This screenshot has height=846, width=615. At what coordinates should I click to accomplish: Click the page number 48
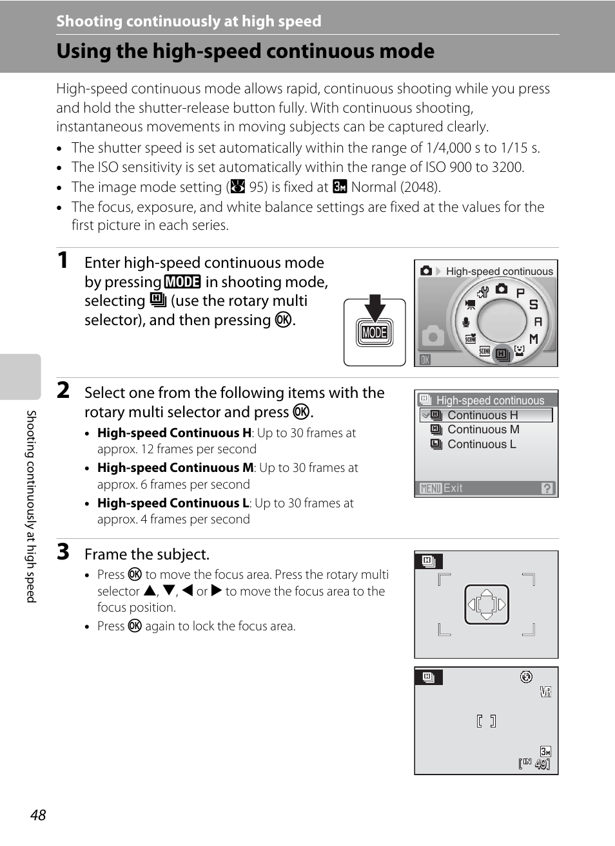coord(38,815)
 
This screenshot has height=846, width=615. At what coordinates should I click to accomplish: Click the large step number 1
coord(63,260)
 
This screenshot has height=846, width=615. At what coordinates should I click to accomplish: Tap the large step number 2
coord(63,390)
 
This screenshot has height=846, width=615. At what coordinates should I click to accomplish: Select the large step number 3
coord(63,552)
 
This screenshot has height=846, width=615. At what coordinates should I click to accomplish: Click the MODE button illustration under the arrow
coord(375,333)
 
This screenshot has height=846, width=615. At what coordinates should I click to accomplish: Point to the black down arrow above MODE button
coord(375,307)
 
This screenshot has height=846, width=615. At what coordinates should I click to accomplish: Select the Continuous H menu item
coord(483,415)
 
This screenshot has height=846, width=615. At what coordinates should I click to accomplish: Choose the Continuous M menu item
coord(483,429)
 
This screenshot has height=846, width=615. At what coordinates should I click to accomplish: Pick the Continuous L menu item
coord(482,444)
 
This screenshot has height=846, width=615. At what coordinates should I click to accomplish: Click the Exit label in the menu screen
coord(453,488)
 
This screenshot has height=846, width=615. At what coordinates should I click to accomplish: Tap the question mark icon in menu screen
coord(547,488)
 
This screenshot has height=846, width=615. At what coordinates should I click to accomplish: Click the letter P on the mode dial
coord(520,292)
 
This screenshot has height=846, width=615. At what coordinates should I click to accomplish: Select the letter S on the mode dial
coord(534,305)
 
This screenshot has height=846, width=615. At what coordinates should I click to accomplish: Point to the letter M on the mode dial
coord(534,339)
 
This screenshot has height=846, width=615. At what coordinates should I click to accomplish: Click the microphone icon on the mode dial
coord(465,322)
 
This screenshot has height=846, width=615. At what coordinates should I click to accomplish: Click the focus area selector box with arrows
coord(487,605)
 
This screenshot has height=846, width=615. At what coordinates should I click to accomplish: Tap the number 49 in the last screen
coord(541,764)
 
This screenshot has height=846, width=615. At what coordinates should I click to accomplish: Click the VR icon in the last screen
coord(545,692)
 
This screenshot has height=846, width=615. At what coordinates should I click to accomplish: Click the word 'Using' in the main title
coord(84,51)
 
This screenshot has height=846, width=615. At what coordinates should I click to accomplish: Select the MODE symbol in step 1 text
coord(182,282)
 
